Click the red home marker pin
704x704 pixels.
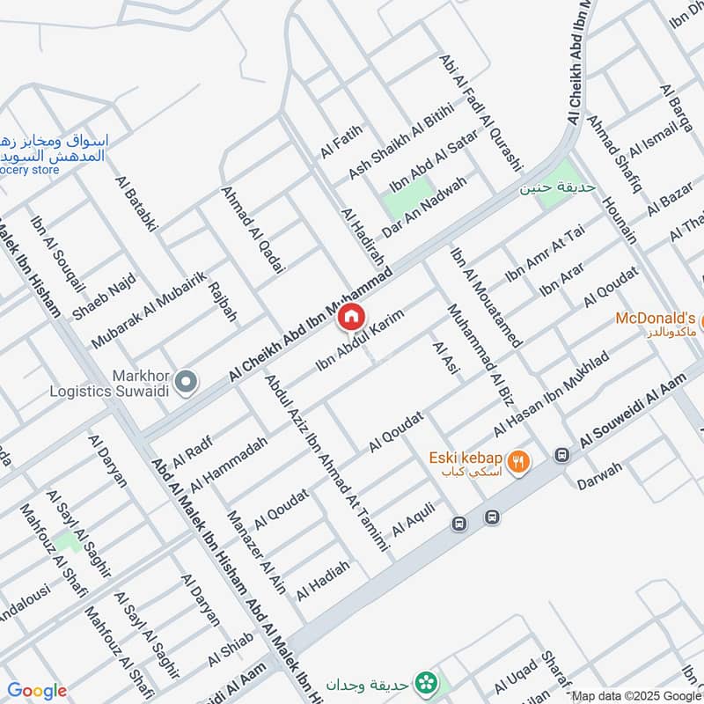[x=350, y=316]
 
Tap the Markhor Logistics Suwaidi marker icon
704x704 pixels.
[x=186, y=382]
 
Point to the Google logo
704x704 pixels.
[x=37, y=691]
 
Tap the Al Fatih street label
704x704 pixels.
[x=341, y=142]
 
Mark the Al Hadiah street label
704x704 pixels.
[x=323, y=581]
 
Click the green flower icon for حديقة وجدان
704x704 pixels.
[x=428, y=682]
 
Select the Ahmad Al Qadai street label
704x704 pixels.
[x=248, y=228]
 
